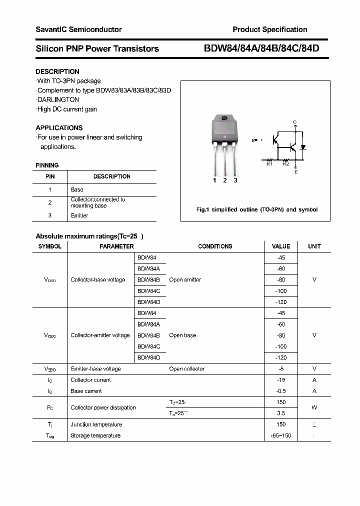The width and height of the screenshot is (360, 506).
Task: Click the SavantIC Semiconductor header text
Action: (x=78, y=29)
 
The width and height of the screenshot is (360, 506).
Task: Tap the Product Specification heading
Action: (x=270, y=29)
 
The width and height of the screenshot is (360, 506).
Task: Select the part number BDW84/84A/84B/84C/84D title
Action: (x=261, y=48)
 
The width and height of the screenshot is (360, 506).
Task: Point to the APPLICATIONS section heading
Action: (x=59, y=127)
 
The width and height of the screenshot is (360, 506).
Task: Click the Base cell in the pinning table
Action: (x=77, y=189)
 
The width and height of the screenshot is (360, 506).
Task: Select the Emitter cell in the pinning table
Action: (x=79, y=215)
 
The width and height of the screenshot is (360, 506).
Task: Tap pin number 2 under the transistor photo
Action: (x=225, y=180)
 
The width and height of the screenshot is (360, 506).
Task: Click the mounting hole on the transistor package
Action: (x=224, y=118)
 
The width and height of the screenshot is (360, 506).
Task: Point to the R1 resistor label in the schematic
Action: (x=269, y=163)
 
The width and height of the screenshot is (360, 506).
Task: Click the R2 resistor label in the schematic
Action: (x=285, y=163)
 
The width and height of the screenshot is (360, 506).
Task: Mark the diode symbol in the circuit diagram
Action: (x=302, y=147)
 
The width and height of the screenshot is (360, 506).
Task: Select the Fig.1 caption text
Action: (x=256, y=209)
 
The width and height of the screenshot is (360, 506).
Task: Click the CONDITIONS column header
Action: (x=215, y=246)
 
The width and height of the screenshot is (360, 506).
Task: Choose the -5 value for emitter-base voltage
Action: (x=281, y=368)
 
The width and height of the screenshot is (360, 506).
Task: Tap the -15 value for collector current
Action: (x=281, y=379)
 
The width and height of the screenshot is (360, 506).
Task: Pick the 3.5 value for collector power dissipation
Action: (x=281, y=413)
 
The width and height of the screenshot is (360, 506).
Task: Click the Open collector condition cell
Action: (x=187, y=368)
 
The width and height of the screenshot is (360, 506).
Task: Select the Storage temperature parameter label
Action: (x=95, y=435)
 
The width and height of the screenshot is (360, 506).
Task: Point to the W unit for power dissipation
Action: (x=314, y=407)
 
